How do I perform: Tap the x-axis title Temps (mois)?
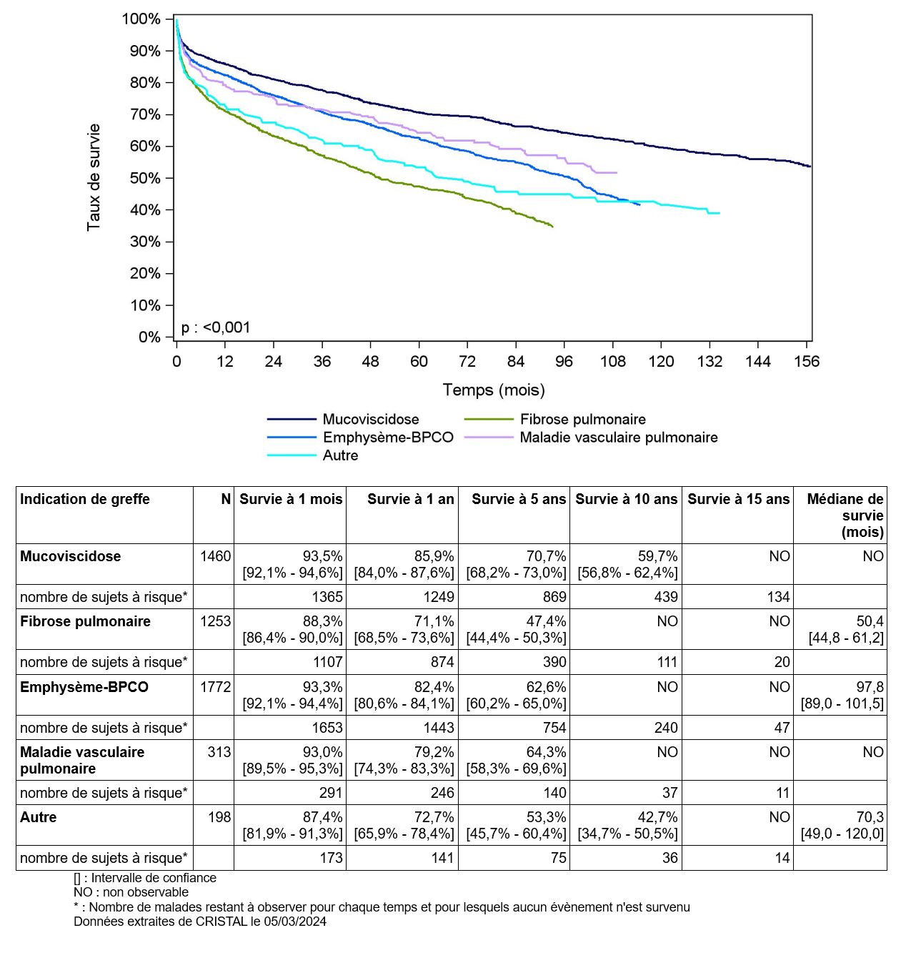[494, 390]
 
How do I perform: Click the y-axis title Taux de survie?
[93, 177]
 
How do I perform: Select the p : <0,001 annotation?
[216, 327]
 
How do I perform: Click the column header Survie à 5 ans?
[519, 499]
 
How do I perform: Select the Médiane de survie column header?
[845, 515]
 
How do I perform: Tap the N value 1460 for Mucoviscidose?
[216, 556]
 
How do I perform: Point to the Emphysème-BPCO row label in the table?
[84, 687]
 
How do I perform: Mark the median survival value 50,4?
[870, 622]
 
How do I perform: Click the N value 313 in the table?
[219, 752]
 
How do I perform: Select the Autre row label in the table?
[38, 817]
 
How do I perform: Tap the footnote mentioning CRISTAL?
[200, 922]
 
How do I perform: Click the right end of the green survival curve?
[553, 227]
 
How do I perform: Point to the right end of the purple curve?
[617, 172]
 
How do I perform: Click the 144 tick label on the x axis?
[758, 362]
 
